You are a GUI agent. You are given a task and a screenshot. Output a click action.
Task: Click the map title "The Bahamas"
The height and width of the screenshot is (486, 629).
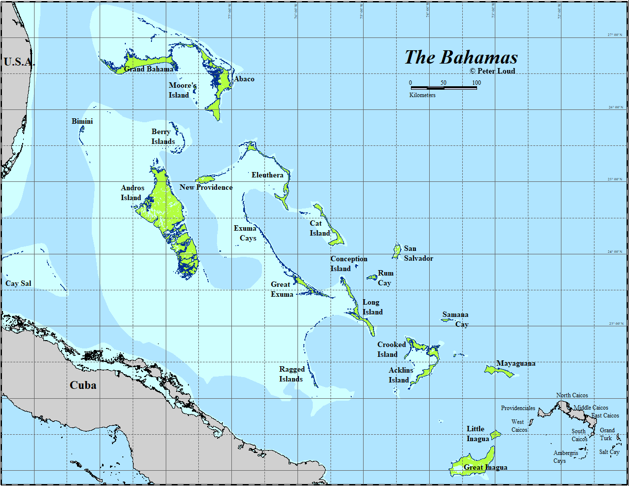tap(461, 57)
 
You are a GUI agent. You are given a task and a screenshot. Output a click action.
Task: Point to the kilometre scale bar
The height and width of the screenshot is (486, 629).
tap(444, 88)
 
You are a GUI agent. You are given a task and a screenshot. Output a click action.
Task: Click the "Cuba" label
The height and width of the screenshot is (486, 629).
tap(83, 385)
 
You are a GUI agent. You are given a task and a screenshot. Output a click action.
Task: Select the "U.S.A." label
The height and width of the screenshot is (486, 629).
tap(19, 62)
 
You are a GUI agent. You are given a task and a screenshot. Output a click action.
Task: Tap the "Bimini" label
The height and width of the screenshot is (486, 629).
tap(82, 121)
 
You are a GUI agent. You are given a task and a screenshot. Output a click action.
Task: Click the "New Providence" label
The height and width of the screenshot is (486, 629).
tap(206, 187)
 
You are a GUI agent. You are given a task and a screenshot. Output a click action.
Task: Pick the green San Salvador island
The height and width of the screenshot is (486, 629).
tap(396, 251)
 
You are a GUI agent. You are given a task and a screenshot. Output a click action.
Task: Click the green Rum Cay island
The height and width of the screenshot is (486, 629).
tap(372, 278)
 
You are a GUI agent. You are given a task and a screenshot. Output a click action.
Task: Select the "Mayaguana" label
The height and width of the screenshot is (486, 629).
tap(516, 364)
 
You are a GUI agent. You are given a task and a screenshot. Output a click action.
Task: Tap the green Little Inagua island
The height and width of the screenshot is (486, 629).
tap(495, 434)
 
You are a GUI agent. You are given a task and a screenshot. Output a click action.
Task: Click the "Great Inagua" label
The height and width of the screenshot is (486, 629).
tap(485, 467)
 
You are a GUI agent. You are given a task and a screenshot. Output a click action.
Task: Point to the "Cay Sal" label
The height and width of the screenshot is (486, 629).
tap(18, 283)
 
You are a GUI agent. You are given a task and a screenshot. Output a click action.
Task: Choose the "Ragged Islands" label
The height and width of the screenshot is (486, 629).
tap(292, 374)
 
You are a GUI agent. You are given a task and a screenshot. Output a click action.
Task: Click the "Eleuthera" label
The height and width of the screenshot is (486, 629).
tap(267, 175)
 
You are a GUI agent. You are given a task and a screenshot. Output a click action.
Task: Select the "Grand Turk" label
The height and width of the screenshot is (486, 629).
tap(607, 434)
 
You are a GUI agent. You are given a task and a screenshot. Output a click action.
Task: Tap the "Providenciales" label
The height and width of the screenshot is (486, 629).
tap(518, 408)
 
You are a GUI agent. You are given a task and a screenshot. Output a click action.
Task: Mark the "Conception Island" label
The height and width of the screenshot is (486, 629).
tap(348, 264)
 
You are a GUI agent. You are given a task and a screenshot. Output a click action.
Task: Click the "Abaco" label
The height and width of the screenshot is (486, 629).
tap(244, 79)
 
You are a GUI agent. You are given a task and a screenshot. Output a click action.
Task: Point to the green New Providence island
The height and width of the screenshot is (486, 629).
tap(204, 179)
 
